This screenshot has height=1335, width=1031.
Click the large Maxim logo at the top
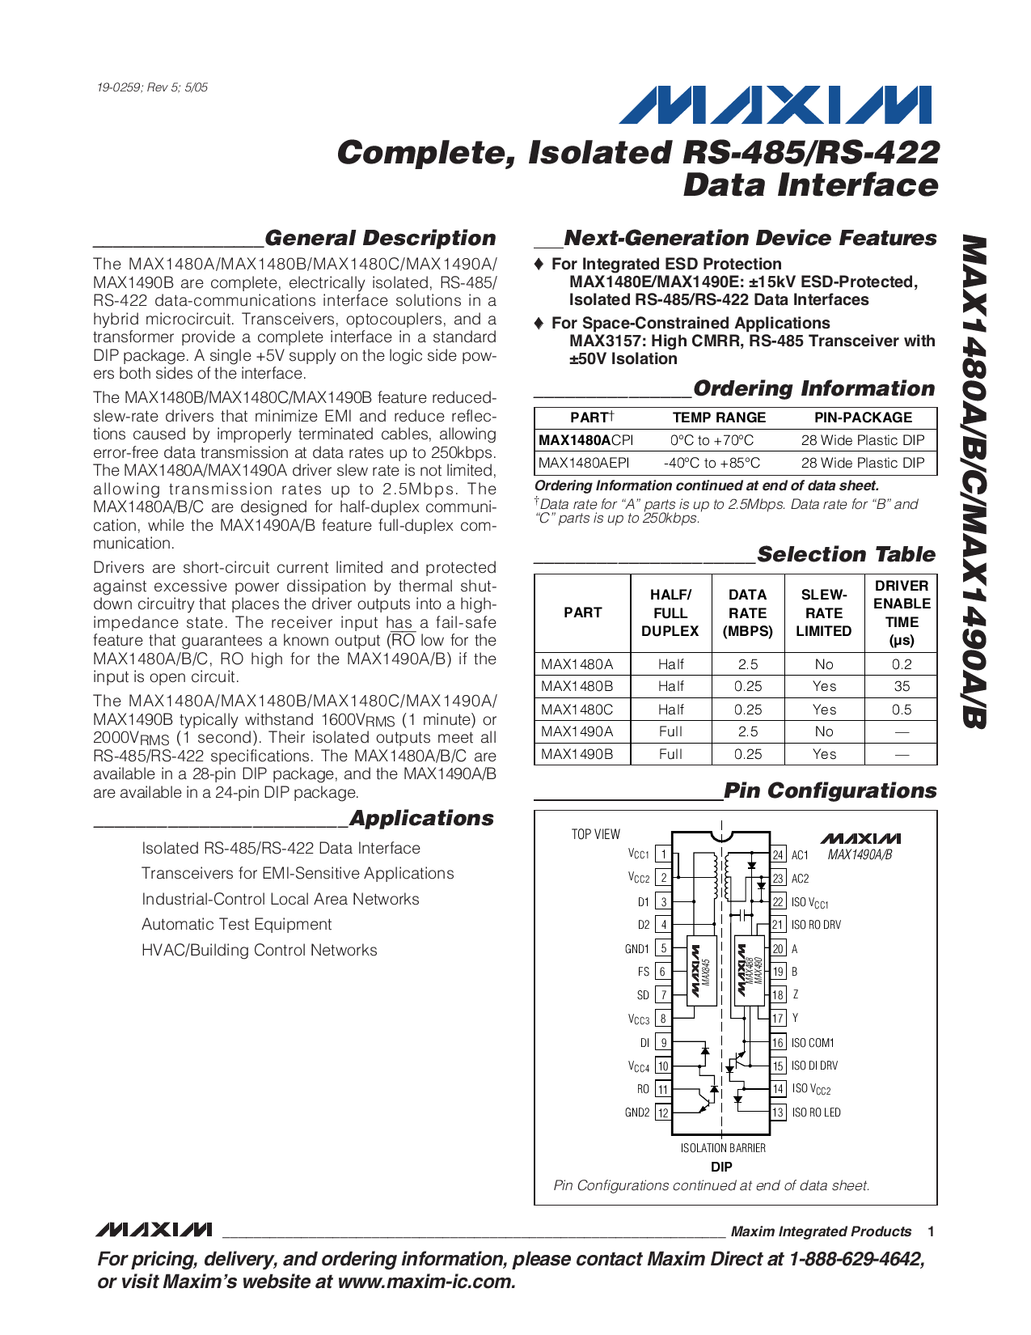tap(774, 106)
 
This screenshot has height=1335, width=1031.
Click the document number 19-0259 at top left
tap(152, 87)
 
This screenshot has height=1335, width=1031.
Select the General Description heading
tap(380, 238)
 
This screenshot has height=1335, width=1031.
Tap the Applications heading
tap(421, 818)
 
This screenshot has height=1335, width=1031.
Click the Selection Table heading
tap(846, 554)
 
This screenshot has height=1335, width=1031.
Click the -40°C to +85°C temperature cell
tap(712, 463)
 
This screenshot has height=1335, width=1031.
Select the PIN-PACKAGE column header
tap(863, 417)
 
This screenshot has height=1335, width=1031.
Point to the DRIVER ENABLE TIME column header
tap(902, 612)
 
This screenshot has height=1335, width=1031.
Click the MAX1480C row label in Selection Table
tap(577, 709)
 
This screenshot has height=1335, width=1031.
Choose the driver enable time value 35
tap(902, 686)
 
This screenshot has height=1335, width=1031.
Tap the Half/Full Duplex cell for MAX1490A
tap(670, 731)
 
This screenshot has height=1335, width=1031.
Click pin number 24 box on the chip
tap(778, 854)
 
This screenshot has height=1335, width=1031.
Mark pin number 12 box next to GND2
tap(663, 1112)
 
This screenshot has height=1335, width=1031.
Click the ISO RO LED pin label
tap(816, 1112)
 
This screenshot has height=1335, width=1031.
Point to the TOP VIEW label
tap(596, 834)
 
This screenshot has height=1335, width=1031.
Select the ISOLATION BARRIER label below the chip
tap(723, 1147)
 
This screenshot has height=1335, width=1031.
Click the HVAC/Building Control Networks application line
tap(259, 950)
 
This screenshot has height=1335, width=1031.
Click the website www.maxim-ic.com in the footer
tap(424, 1282)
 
